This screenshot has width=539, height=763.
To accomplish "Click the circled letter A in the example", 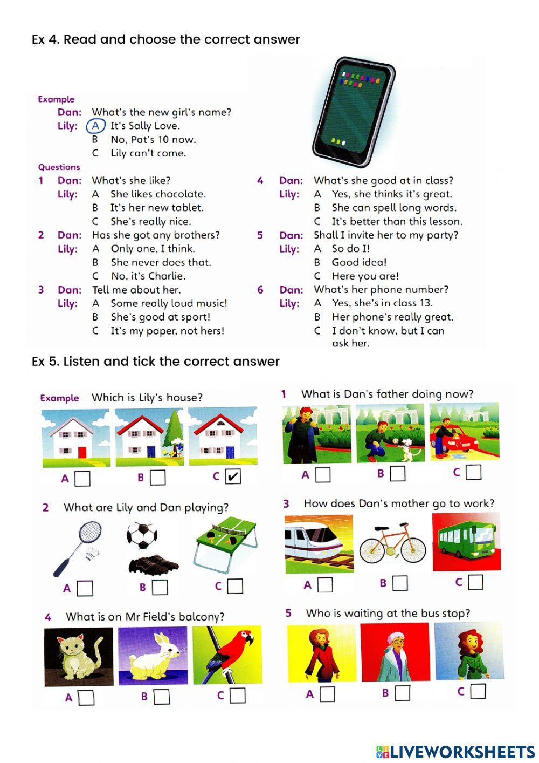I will click(95, 126).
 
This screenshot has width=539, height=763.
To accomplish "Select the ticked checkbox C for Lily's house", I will click(233, 476).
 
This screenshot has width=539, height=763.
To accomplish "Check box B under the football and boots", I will click(160, 587).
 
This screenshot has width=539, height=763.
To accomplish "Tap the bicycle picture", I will click(392, 542).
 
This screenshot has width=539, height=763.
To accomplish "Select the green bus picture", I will click(466, 542).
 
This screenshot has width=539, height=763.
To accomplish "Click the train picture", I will click(319, 544).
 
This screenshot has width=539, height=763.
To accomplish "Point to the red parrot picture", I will click(227, 655).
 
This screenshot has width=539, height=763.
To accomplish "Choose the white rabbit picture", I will click(153, 656).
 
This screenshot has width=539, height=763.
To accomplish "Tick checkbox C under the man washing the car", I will click(473, 472).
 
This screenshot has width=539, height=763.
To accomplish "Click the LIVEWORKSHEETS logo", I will click(455, 752).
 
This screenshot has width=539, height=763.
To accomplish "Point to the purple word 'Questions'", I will click(59, 167).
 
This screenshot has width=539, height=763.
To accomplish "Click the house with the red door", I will click(76, 438).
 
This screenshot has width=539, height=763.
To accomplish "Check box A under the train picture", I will click(325, 584).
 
